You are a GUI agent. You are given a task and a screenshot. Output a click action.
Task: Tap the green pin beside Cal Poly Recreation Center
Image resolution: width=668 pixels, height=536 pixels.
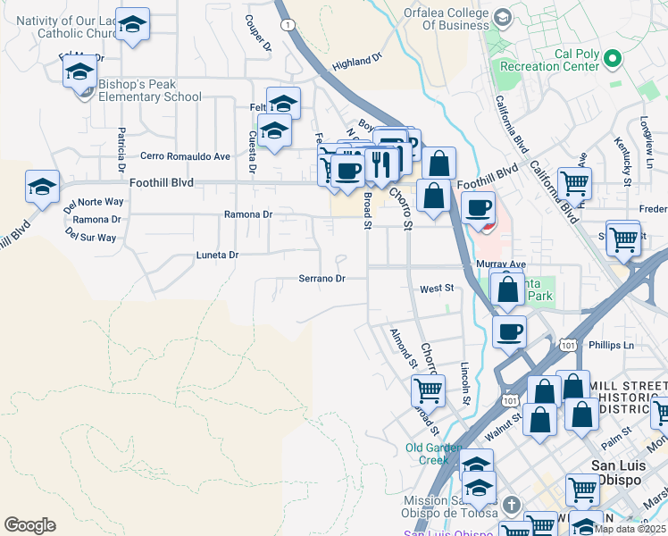pyautogui.click(x=612, y=60)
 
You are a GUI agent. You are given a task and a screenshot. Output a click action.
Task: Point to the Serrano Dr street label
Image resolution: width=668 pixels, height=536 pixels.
pyautogui.click(x=321, y=279)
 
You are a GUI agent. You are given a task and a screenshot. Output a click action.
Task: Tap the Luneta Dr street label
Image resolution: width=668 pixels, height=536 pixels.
pyautogui.click(x=217, y=255)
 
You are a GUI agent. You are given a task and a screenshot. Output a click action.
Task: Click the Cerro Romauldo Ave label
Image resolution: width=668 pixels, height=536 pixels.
pyautogui.click(x=185, y=155)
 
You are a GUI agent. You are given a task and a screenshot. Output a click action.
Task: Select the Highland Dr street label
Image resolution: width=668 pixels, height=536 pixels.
pyautogui.click(x=356, y=62)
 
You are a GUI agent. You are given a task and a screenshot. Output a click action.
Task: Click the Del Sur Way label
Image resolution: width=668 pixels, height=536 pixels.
pyautogui.click(x=90, y=238)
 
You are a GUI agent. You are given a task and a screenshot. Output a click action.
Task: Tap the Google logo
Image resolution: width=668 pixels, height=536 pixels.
pyautogui.click(x=29, y=525)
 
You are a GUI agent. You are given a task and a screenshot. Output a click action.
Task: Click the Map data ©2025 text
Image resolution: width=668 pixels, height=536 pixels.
pyautogui.click(x=629, y=529)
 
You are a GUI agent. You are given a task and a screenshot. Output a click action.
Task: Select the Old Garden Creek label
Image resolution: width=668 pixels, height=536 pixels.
pyautogui.click(x=432, y=454)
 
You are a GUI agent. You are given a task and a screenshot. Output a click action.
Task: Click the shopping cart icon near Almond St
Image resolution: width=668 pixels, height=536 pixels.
pyautogui.click(x=428, y=389)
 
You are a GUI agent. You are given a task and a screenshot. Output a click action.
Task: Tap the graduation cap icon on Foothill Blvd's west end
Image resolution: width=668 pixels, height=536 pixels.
pyautogui.click(x=42, y=187)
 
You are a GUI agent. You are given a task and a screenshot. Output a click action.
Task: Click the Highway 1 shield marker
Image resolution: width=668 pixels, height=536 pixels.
pyautogui.click(x=285, y=25)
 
